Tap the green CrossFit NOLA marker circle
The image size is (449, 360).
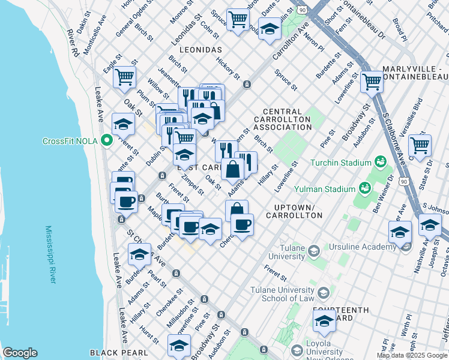[x=107, y=142]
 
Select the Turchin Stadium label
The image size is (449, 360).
[x=340, y=163]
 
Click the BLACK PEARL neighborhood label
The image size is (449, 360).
[x=113, y=353]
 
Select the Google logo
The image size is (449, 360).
[x=20, y=353]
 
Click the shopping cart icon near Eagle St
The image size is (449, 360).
[x=124, y=77]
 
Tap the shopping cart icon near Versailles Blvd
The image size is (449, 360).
[x=420, y=145]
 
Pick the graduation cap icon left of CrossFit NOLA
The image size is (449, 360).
[x=123, y=125]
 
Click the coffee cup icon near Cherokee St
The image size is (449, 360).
[x=242, y=225]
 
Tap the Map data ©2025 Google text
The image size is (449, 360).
[x=412, y=355]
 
